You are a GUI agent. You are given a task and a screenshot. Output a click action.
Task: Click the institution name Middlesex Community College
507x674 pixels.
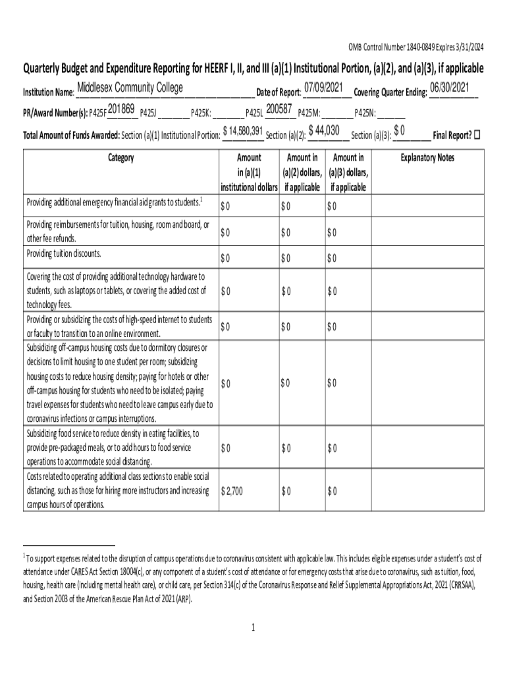[x=130, y=89]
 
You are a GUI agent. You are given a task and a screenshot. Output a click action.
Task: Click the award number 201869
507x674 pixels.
[x=121, y=110]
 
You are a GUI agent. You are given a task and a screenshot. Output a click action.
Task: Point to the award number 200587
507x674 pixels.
[x=279, y=110]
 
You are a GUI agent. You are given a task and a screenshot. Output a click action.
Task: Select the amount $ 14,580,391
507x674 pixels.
[x=243, y=131]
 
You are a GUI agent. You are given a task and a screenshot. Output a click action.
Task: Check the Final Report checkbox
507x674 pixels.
[x=478, y=135]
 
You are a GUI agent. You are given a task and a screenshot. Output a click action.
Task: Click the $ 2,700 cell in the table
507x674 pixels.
[x=232, y=491]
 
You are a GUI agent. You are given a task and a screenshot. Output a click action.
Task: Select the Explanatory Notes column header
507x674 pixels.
[x=427, y=158]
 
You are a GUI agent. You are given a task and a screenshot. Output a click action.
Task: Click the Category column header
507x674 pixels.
[x=119, y=158]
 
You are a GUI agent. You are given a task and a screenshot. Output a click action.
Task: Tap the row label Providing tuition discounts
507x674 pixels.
[x=64, y=253]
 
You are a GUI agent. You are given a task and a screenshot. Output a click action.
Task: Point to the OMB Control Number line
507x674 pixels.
[x=415, y=47]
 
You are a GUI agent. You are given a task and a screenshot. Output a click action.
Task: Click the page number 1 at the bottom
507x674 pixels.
[x=253, y=627]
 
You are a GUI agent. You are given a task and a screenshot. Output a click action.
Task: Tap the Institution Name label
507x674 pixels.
[x=48, y=92]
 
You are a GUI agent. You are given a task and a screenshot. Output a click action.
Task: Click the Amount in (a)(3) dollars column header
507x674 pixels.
[x=348, y=172]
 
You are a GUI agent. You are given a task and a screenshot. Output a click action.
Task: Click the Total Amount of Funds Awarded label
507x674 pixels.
[x=70, y=136]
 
